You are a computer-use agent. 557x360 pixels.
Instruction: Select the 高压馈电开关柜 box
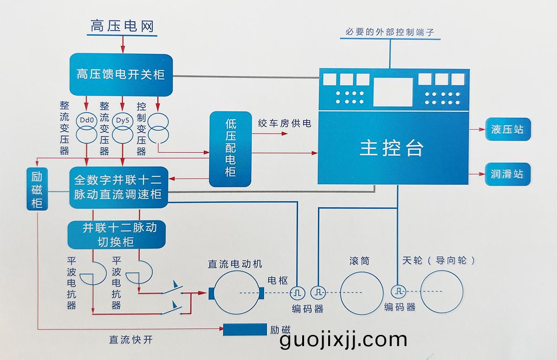121,74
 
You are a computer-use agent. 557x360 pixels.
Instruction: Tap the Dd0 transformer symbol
87,127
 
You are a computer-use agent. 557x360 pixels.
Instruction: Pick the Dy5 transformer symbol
122,127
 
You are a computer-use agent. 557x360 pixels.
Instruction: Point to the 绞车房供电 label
285,123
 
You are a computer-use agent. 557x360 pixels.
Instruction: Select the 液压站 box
507,129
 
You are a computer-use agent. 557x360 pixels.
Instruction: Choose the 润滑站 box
507,174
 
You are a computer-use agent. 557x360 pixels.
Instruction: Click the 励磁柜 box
37,190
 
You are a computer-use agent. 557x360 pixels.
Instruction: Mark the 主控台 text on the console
392,148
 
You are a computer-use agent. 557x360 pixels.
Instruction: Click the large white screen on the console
393,91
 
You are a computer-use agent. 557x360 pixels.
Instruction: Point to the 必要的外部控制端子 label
389,32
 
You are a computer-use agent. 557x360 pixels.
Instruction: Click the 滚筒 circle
362,292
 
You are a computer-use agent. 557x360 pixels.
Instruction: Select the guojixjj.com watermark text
343,340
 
